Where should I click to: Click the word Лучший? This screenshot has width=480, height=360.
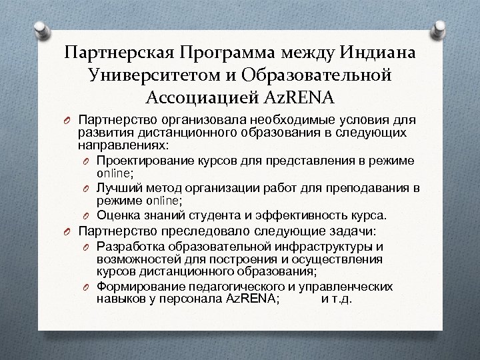[x=118, y=188]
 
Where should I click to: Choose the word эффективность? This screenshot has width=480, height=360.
[x=311, y=215]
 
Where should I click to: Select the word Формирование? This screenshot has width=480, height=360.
[x=138, y=287]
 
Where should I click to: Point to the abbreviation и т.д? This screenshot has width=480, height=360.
[x=337, y=299]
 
